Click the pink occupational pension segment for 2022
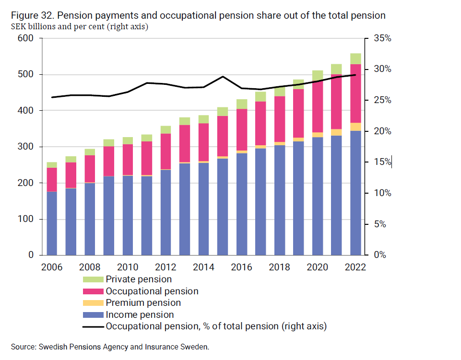point(355,93)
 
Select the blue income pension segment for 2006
point(52,223)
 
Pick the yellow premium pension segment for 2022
point(355,127)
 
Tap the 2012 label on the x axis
point(165,267)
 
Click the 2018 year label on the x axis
point(280,267)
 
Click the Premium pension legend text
point(143,303)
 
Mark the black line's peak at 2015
point(223,76)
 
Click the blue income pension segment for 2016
point(241,204)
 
